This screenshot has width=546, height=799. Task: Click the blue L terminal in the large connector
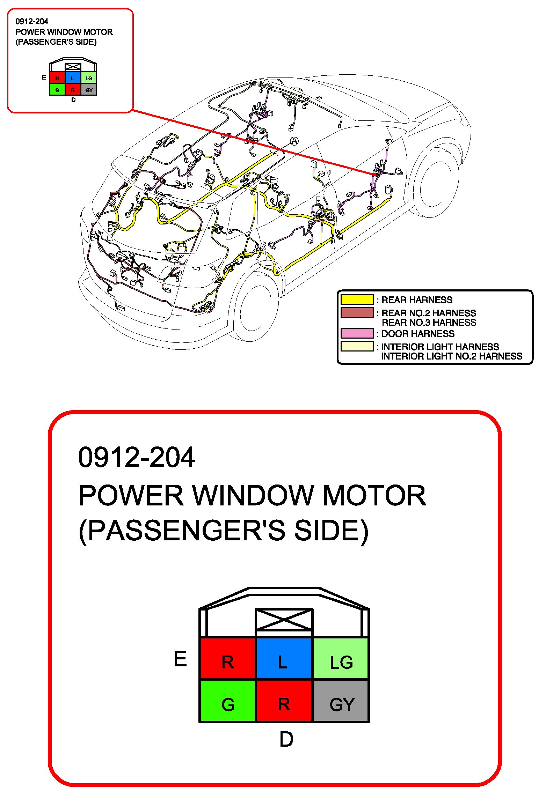coord(284,658)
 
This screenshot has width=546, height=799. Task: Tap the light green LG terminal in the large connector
coord(341,658)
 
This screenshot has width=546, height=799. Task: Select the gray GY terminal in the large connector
coord(341,700)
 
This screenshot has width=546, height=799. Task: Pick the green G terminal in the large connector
coord(228,700)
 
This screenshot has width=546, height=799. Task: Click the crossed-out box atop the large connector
coord(284,620)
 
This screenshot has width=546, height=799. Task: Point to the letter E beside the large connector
coord(180,659)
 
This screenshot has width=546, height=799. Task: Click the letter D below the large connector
coord(286,739)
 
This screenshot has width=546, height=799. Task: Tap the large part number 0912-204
coord(136,457)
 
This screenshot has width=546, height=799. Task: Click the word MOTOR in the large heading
coord(374,495)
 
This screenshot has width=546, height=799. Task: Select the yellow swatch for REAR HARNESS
coord(357,299)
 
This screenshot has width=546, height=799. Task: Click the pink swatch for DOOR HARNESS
coord(357,333)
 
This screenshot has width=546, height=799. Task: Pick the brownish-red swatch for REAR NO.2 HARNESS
coord(357,312)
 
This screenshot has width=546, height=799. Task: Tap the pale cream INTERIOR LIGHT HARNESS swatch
coord(357,346)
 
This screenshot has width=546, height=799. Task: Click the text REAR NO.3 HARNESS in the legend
coord(429,323)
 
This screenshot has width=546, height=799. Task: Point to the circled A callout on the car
coord(294,141)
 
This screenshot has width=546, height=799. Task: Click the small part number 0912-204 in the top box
coord(32,21)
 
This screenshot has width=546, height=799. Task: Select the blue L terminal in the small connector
coord(73,78)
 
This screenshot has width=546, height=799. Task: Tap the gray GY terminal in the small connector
coord(89,90)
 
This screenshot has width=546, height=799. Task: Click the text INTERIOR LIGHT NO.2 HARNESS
coord(451,356)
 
